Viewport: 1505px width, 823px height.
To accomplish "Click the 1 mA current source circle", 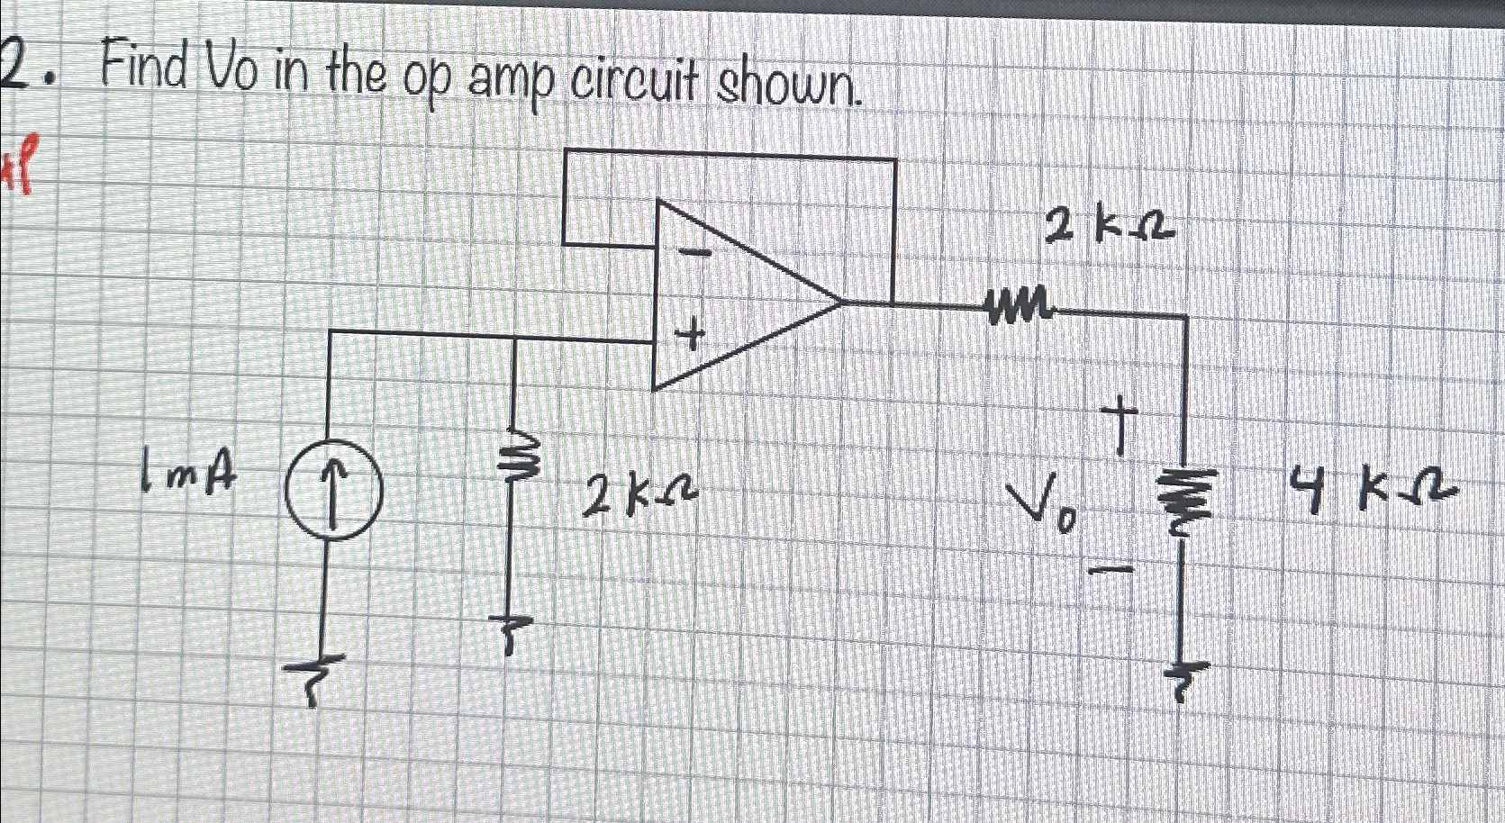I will (333, 493).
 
